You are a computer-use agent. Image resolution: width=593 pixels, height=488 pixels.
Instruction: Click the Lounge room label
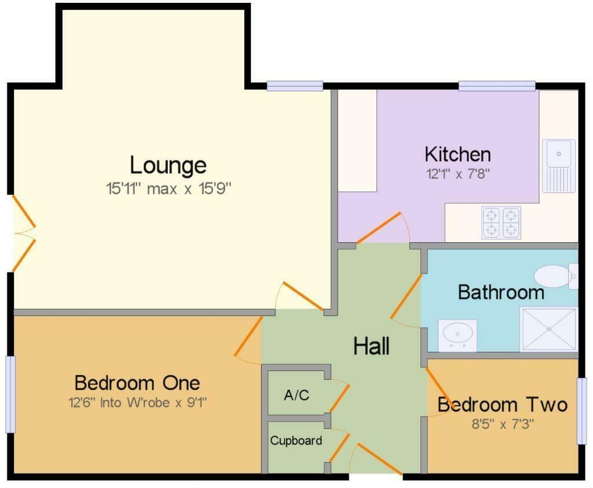[x=168, y=165]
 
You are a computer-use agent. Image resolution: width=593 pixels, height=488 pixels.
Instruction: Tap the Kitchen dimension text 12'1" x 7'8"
[x=457, y=174]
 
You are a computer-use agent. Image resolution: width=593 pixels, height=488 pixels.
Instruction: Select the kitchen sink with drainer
[x=559, y=165]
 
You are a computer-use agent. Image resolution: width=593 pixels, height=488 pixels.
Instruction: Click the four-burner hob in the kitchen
[x=500, y=223]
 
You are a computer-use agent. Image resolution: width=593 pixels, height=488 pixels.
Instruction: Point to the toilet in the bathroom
[x=553, y=276]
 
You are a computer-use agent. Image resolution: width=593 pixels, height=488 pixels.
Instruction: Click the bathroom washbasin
[x=457, y=334]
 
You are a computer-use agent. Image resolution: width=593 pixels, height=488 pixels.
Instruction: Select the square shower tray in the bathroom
[x=549, y=329]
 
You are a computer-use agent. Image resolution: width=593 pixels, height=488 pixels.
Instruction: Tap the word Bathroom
[x=501, y=292]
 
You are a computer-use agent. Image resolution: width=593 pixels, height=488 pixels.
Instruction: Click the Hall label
[x=371, y=346]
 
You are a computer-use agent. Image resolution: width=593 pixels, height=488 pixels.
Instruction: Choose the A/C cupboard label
[x=296, y=395]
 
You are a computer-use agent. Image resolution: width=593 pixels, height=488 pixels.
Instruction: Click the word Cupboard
[x=296, y=440]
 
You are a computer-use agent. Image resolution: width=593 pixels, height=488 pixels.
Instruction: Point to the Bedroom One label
[x=137, y=383]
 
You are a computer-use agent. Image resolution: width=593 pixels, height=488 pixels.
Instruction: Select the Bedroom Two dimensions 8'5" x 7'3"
[x=502, y=424]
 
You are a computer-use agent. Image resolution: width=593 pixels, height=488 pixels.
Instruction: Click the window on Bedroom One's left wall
[x=10, y=394]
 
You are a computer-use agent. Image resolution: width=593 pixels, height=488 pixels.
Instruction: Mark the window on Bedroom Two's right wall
[x=582, y=410]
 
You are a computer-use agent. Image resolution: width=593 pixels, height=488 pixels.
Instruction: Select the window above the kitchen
[x=497, y=86]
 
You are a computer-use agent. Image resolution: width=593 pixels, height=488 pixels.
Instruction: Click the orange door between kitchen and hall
[x=379, y=228]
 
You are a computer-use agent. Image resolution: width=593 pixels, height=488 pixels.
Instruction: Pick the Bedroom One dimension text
[x=137, y=402]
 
